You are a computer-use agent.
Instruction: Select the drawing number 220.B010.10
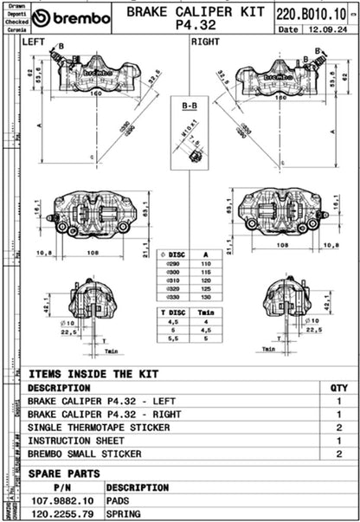pyautogui.click(x=312, y=13)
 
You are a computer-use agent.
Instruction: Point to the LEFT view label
pyautogui.click(x=35, y=41)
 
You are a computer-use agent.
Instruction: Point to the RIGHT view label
pyautogui.click(x=205, y=41)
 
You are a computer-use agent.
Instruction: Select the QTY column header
pyautogui.click(x=338, y=389)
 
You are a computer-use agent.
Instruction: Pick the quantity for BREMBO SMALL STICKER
pyautogui.click(x=338, y=454)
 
